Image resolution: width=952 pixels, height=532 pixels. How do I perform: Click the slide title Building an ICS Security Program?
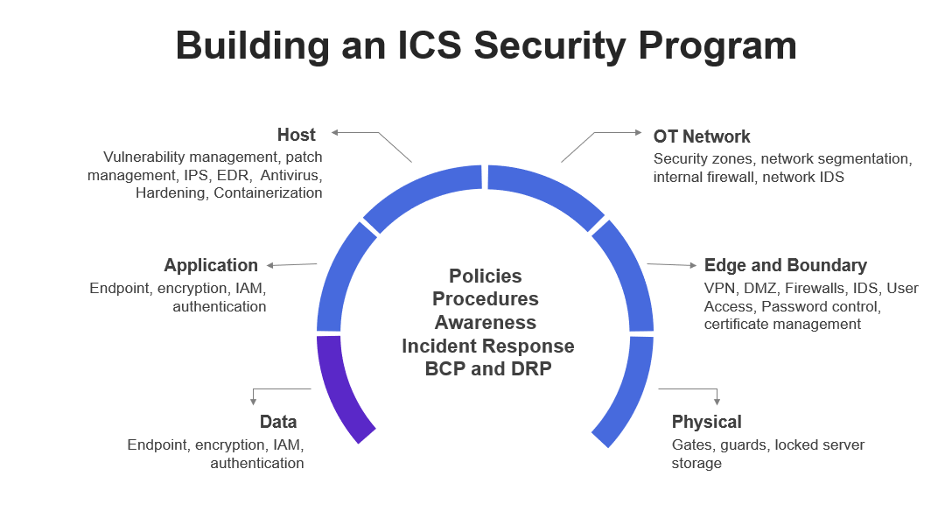click(x=486, y=45)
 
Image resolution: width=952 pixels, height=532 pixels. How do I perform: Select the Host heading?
click(x=296, y=135)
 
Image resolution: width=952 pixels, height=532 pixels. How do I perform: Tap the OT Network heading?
click(x=702, y=136)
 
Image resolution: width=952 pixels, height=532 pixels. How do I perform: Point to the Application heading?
click(x=211, y=265)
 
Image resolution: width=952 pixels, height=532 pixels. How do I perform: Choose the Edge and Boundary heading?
click(x=785, y=265)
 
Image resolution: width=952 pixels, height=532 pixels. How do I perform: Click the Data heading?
click(x=278, y=422)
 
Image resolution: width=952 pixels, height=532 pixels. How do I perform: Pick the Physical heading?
click(x=706, y=422)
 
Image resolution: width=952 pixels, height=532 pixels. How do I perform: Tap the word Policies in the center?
click(x=485, y=276)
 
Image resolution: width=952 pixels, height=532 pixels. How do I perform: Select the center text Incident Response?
click(x=487, y=346)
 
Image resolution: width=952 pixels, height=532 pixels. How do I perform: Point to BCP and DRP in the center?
click(x=487, y=368)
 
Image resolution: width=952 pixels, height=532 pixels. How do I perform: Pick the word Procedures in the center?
click(x=485, y=299)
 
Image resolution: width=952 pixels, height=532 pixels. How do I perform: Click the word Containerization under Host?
click(x=268, y=193)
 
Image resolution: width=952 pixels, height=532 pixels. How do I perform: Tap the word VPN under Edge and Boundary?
click(x=720, y=288)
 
